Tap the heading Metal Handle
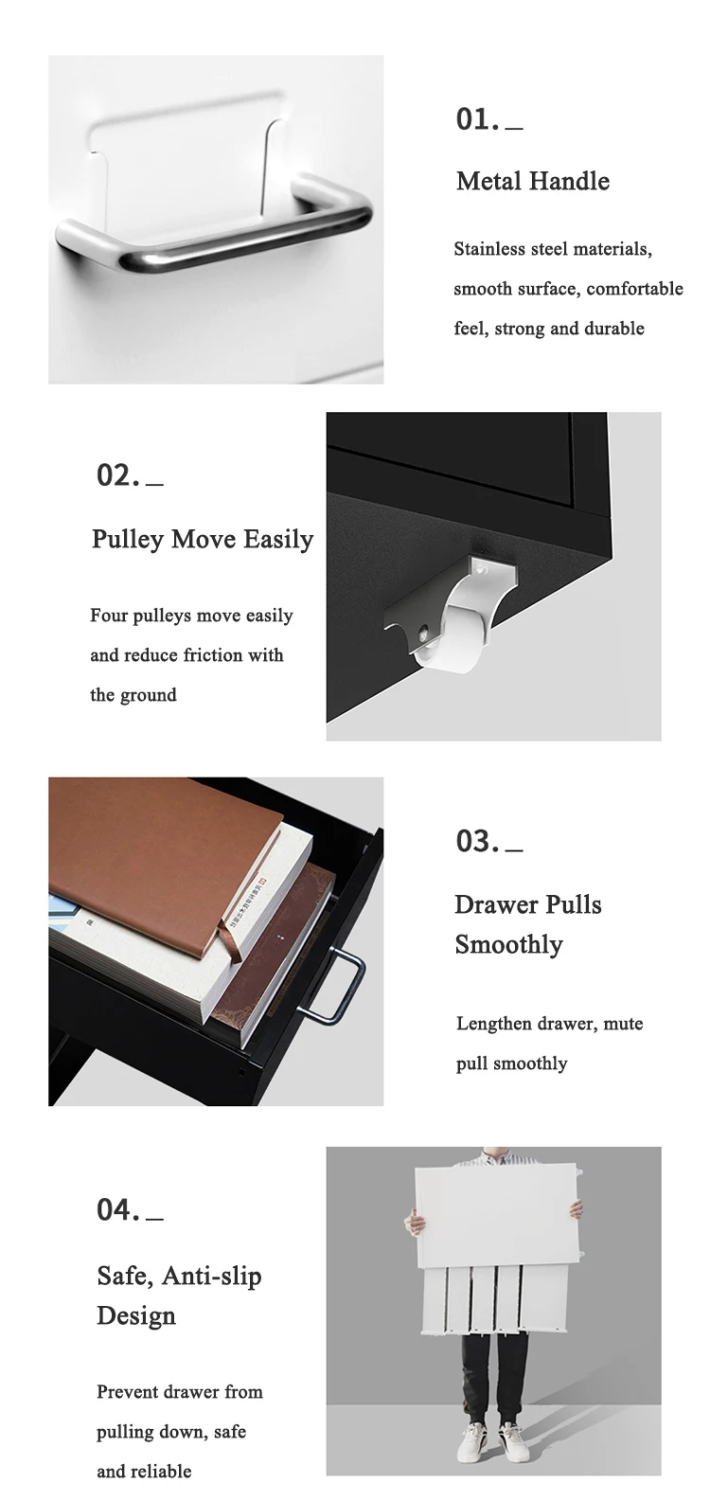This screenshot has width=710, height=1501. (533, 181)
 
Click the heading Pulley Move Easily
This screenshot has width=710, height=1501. (203, 540)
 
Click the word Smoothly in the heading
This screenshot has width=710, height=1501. (509, 945)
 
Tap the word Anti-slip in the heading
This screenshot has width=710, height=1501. (212, 1276)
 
